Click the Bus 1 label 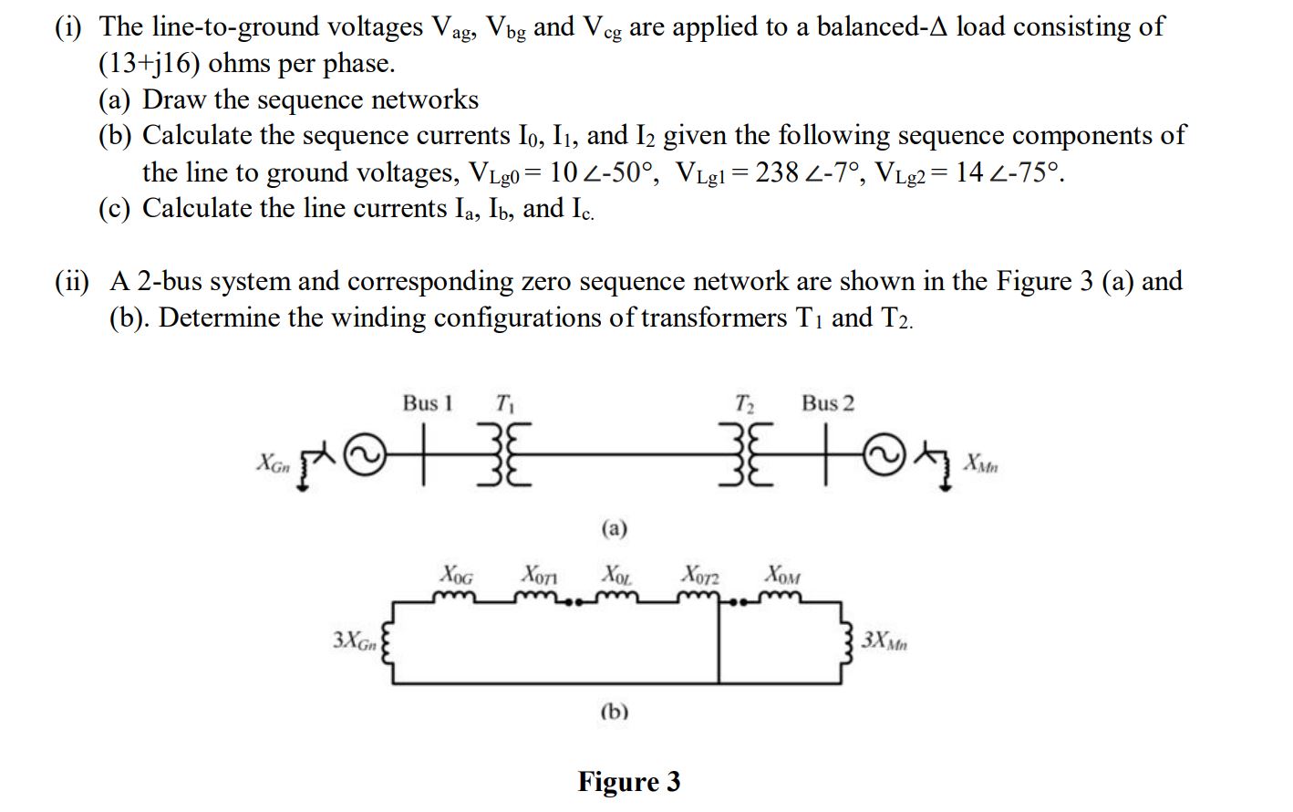point(428,403)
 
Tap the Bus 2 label point(828,403)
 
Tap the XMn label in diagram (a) point(981,463)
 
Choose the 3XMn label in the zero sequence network point(884,640)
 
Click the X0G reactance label point(457,575)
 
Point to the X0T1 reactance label point(539,575)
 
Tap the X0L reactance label point(617,575)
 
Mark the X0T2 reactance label point(699,576)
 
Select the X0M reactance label point(782,575)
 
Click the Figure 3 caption point(628,782)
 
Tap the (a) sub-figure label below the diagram point(615,528)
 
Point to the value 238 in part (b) point(777,172)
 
